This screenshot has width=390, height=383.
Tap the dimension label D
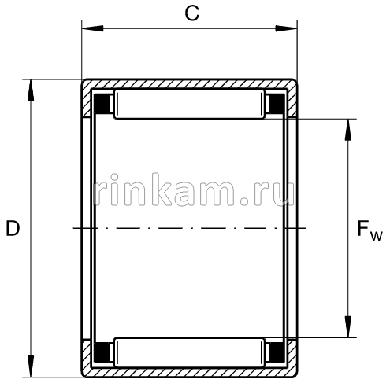(12, 229)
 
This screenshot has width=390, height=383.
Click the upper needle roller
(189, 105)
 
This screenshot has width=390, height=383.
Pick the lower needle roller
(189, 351)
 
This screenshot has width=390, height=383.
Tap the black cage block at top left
(102, 105)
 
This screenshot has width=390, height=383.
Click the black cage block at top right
(277, 105)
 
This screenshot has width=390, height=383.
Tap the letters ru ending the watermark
(272, 190)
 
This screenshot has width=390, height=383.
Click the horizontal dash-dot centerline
(189, 228)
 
